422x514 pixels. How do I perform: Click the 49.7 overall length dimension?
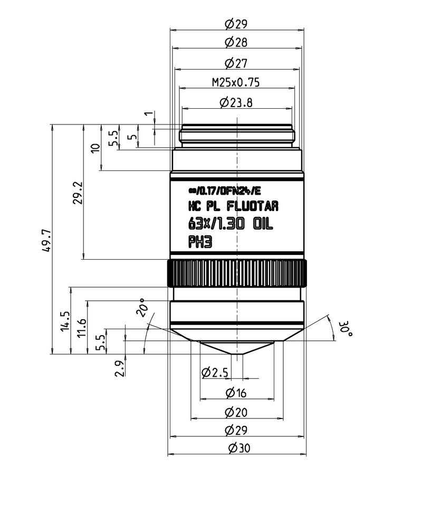click(47, 240)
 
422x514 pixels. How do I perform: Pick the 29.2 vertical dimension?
click(78, 193)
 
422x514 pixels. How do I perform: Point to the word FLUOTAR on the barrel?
click(252, 206)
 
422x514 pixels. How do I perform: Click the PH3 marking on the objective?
click(200, 242)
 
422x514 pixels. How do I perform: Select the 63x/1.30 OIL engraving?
click(231, 224)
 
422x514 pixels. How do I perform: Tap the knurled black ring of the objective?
click(237, 273)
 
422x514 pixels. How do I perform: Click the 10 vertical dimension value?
click(95, 148)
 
